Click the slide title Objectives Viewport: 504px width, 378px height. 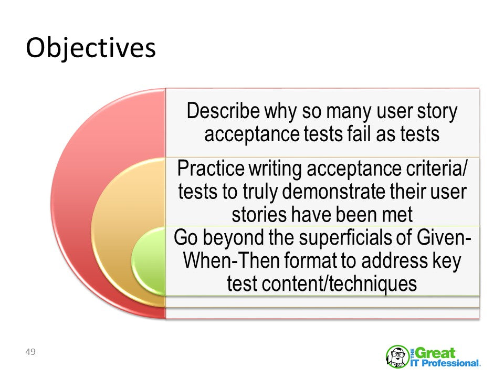(x=91, y=48)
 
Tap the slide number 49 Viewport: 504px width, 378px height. (x=30, y=352)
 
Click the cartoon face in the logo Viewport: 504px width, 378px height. (x=397, y=356)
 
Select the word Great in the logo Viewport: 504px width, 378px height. (x=436, y=353)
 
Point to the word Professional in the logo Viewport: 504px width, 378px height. (x=450, y=363)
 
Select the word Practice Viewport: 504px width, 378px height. (x=211, y=168)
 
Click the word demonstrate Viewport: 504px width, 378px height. (x=334, y=192)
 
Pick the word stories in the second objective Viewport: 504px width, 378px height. (x=259, y=215)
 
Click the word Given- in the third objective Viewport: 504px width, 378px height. (x=444, y=237)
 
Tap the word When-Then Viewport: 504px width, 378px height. (x=232, y=261)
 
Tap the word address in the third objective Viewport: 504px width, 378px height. (x=395, y=261)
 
